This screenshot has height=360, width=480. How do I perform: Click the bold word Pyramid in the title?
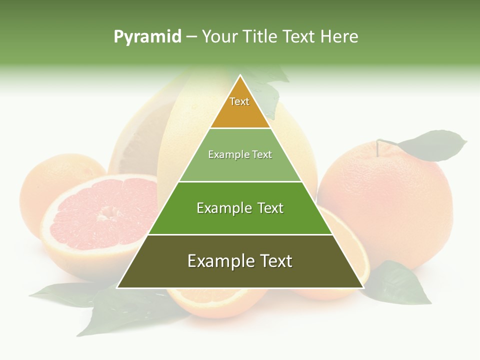point(147,37)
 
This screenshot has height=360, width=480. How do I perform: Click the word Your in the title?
point(219,36)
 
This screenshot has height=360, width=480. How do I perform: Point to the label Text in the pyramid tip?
point(239,101)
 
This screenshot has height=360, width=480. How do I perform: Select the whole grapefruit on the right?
point(385,205)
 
